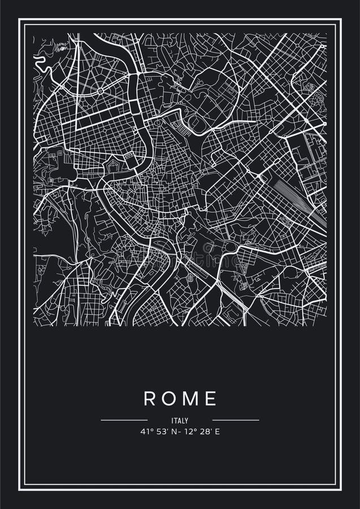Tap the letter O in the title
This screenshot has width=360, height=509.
[170, 399]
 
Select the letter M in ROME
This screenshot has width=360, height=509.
[190, 399]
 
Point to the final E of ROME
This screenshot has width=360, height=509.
[211, 399]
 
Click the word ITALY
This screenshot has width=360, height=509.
[180, 421]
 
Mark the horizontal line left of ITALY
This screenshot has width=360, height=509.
[124, 420]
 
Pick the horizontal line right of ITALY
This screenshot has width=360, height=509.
[236, 420]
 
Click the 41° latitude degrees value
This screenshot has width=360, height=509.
[146, 432]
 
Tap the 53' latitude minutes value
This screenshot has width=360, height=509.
[161, 432]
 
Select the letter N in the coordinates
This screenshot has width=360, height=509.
[172, 432]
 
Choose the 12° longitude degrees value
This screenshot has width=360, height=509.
[187, 432]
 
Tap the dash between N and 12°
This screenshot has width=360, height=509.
[177, 432]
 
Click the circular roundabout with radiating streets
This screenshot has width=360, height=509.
[100, 90]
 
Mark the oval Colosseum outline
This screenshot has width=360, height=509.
[209, 247]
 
